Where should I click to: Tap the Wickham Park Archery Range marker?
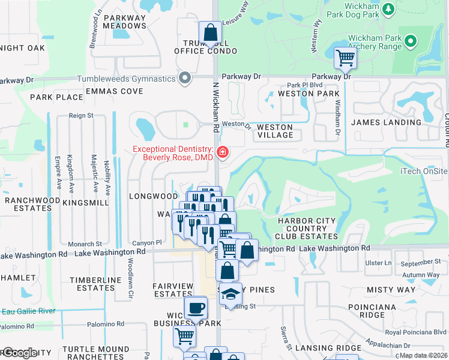[410, 41]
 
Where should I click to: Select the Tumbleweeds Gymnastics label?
[126, 79]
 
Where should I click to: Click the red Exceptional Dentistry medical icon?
[223, 153]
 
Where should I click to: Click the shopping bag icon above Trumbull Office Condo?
[211, 33]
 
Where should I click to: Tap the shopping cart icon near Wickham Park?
[345, 58]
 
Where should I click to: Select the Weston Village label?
[275, 131]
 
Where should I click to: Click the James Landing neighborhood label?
[386, 122]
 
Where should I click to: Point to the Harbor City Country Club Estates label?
[307, 229]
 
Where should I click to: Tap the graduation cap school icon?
[230, 294]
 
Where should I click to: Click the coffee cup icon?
[194, 308]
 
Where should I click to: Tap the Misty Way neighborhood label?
[391, 290]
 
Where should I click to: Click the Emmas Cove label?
[114, 91]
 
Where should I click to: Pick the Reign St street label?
[81, 115]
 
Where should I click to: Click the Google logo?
[19, 353]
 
